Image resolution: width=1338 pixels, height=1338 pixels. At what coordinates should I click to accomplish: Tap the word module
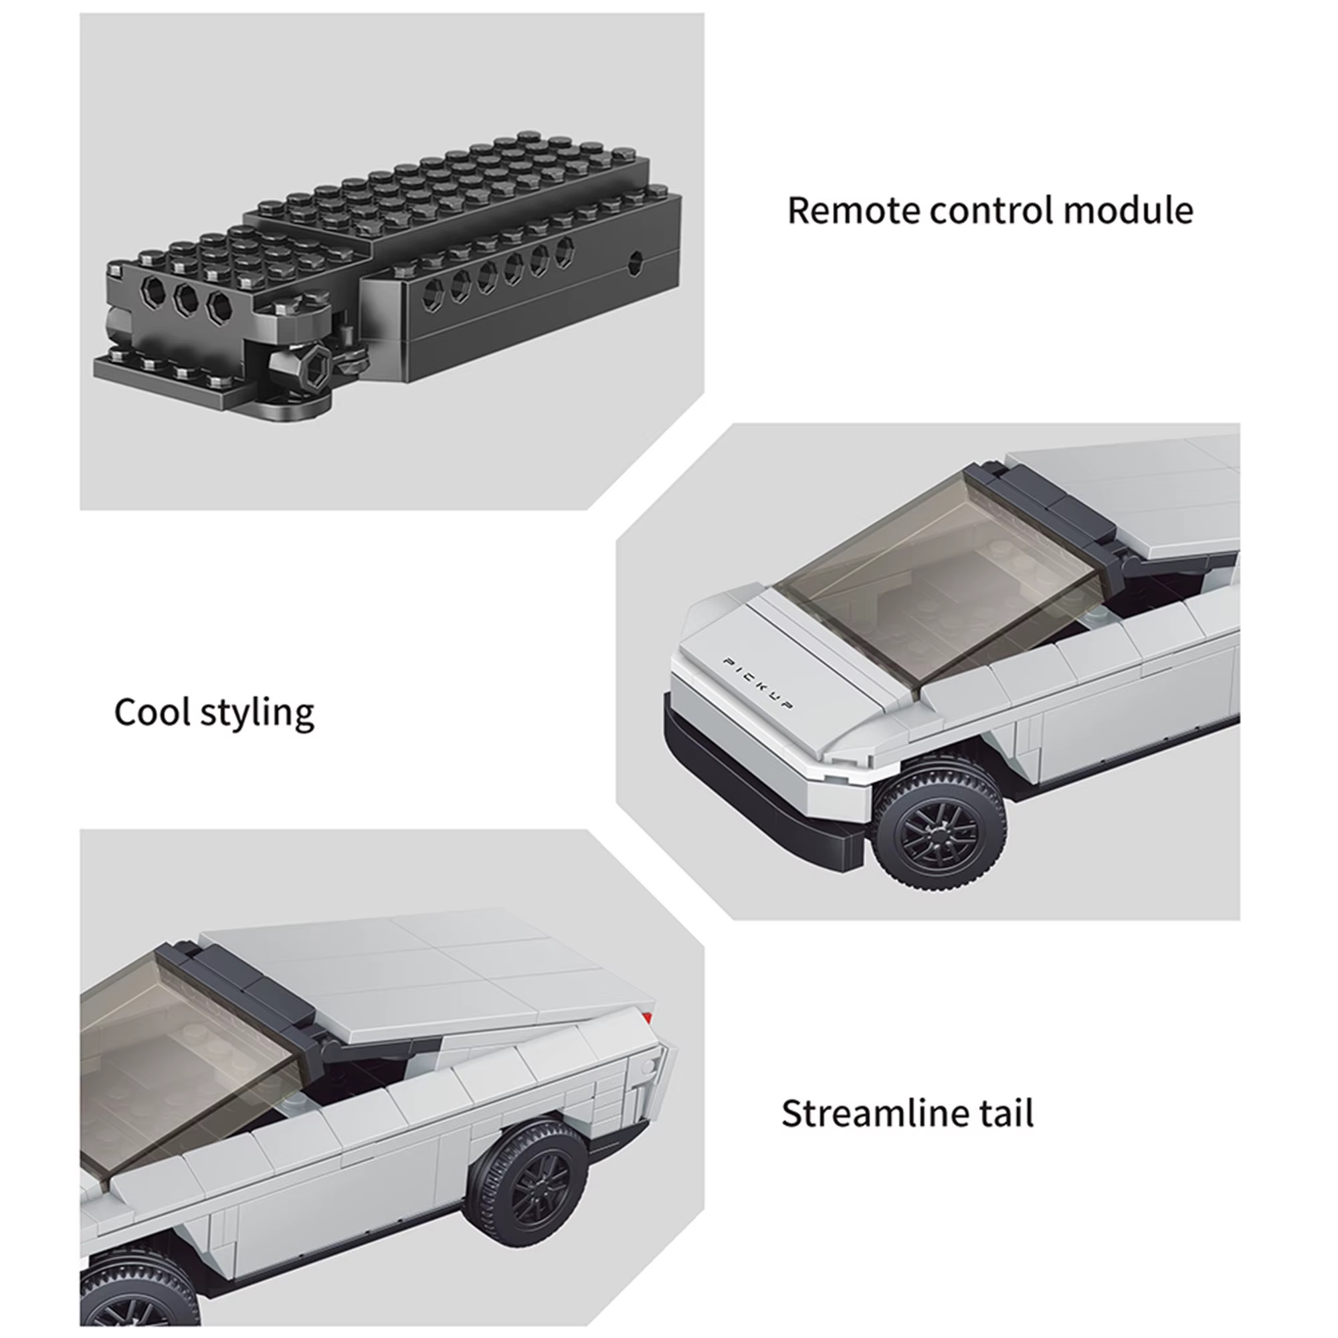tap(1129, 211)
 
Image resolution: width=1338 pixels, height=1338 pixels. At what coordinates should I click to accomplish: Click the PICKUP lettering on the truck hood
tap(758, 683)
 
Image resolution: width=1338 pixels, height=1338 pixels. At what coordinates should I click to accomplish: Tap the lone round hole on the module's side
tap(634, 262)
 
